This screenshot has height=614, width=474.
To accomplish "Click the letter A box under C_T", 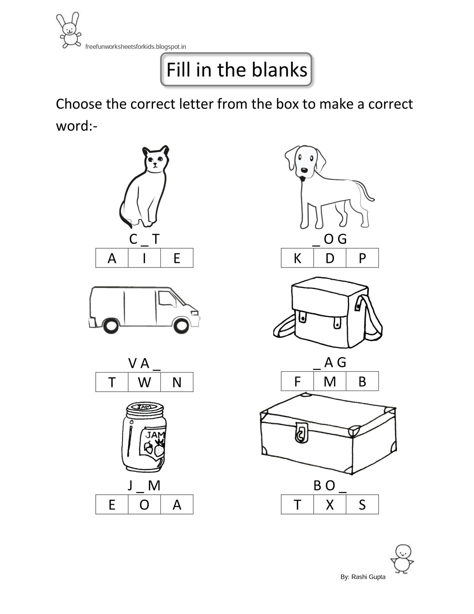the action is [112, 258].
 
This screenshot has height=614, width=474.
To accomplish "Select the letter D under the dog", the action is [330, 258].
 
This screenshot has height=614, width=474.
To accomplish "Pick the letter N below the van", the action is [177, 382].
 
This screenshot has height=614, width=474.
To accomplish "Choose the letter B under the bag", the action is [362, 382].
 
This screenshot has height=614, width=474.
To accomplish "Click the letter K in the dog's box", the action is [297, 258].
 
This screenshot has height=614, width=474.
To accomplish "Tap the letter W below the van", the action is [144, 382].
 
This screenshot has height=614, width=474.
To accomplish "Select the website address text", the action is [135, 47].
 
